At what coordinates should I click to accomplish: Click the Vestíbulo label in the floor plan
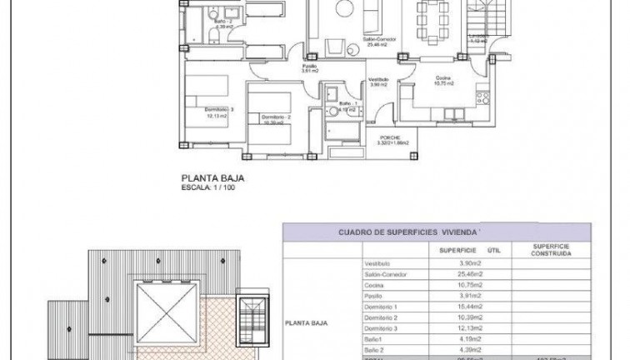379,80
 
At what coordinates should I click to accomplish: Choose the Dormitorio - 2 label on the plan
274,117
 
